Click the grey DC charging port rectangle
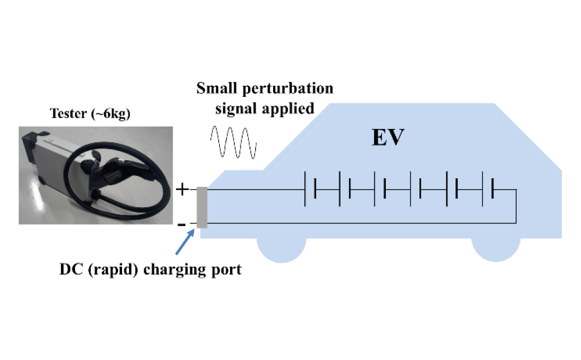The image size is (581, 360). coord(202,207)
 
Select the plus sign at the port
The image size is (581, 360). coord(182,190)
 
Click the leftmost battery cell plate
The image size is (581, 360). coord(306,190)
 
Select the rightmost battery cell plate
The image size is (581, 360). coord(493,190)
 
